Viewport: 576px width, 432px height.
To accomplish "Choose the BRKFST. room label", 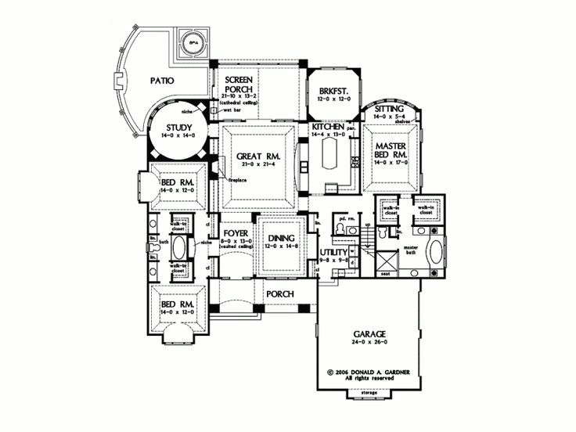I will (333, 91).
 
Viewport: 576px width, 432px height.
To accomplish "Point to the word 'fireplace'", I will (238, 181).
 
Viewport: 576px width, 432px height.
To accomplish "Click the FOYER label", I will (236, 233).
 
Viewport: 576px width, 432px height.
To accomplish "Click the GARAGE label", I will (366, 333).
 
